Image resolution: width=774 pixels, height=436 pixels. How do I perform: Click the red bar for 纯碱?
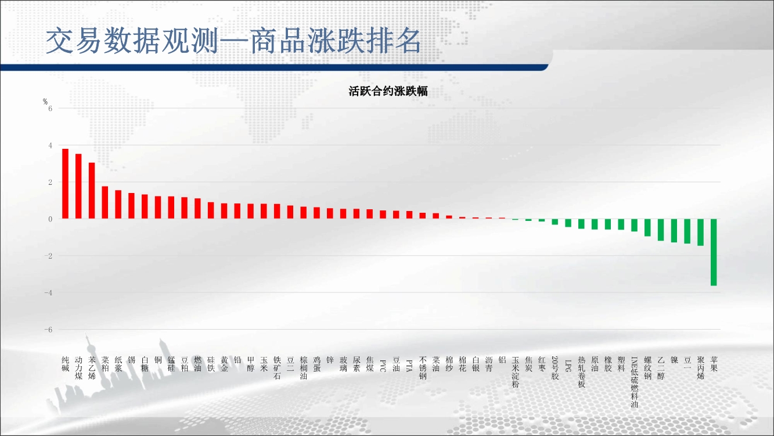click(x=65, y=184)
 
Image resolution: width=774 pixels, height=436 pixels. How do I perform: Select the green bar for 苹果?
click(x=714, y=252)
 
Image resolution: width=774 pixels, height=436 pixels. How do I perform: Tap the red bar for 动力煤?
click(x=78, y=186)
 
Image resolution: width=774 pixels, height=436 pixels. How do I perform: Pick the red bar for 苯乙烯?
click(x=92, y=191)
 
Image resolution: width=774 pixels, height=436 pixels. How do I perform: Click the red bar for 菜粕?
click(x=105, y=202)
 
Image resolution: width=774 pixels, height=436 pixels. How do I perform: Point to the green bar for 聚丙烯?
click(x=700, y=232)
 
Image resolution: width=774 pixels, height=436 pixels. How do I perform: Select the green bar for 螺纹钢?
click(x=647, y=227)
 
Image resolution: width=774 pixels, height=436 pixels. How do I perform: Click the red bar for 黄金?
click(x=224, y=211)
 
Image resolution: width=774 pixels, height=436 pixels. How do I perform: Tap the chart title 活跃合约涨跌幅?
click(x=388, y=91)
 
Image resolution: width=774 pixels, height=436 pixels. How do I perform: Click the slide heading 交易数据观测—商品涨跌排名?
click(x=233, y=41)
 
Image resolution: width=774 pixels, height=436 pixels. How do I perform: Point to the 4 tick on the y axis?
click(x=51, y=145)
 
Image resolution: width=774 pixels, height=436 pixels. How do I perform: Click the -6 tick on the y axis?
click(x=48, y=330)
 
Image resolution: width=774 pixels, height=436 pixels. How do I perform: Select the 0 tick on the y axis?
click(x=51, y=219)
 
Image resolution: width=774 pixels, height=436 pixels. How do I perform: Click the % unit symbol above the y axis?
click(x=45, y=101)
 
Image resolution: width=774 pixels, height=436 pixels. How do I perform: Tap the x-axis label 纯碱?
click(x=65, y=364)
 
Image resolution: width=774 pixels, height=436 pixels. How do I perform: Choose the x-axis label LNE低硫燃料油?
click(x=635, y=382)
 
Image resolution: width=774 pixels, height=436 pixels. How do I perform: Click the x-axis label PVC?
click(x=383, y=366)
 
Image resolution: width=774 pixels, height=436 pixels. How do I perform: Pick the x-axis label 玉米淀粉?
click(x=515, y=372)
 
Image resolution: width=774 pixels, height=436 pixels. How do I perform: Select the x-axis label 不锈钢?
click(x=423, y=368)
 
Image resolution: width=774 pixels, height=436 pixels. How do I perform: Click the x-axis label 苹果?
click(x=714, y=364)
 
